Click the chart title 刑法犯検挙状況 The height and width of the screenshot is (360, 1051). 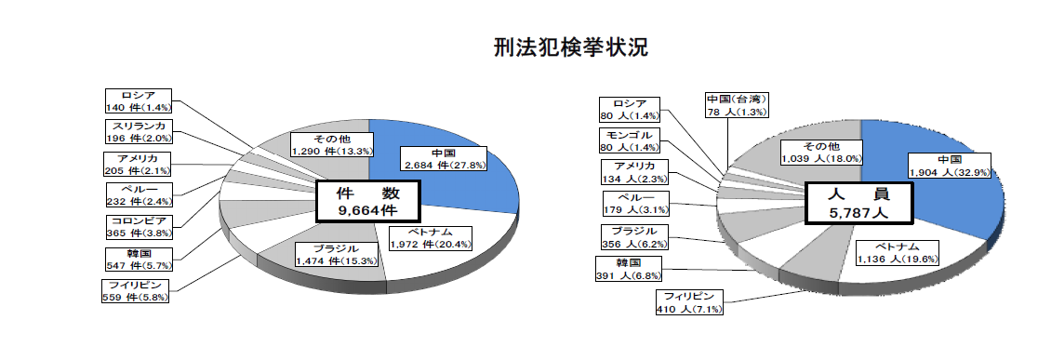tap(571, 47)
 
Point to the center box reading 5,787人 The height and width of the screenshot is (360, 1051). tap(858, 202)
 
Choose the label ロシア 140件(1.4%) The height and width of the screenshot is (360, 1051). tap(139, 100)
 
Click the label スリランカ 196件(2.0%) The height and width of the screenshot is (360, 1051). tap(139, 131)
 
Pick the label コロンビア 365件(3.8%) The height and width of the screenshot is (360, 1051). tap(139, 227)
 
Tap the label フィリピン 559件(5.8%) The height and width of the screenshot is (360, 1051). tap(137, 291)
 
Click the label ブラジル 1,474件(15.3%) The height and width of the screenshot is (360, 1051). tap(336, 254)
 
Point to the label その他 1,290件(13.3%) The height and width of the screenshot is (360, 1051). tap(332, 144)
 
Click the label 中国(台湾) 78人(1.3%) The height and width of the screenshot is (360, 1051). tap(737, 105)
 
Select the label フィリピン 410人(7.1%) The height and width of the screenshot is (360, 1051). tap(690, 302)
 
